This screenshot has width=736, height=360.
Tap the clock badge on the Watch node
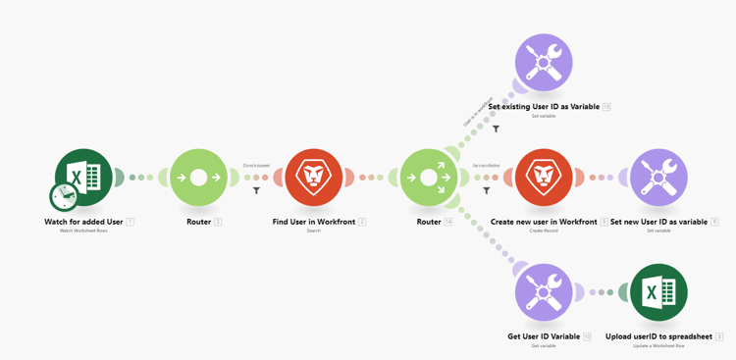[x=64, y=197]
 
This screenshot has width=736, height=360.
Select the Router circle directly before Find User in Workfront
[x=199, y=178]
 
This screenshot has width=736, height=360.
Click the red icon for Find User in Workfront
[x=314, y=178]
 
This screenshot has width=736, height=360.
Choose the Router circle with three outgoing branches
[x=429, y=178]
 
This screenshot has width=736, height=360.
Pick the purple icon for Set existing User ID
[x=544, y=63]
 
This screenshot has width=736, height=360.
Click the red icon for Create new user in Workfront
[x=544, y=178]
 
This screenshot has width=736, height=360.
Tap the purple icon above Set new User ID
[x=658, y=178]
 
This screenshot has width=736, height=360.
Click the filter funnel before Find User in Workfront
[x=257, y=190]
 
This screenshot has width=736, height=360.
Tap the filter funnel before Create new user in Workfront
[x=487, y=190]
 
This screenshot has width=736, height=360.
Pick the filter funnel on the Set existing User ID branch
[x=497, y=129]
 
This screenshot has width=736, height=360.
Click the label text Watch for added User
[x=83, y=222]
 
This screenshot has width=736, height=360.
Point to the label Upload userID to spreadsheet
[x=658, y=336]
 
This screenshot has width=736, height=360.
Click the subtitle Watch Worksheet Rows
[x=83, y=231]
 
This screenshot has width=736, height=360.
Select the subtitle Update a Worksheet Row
[x=658, y=345]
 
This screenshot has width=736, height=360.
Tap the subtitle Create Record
[x=544, y=231]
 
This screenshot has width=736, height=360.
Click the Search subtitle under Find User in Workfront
[x=314, y=231]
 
